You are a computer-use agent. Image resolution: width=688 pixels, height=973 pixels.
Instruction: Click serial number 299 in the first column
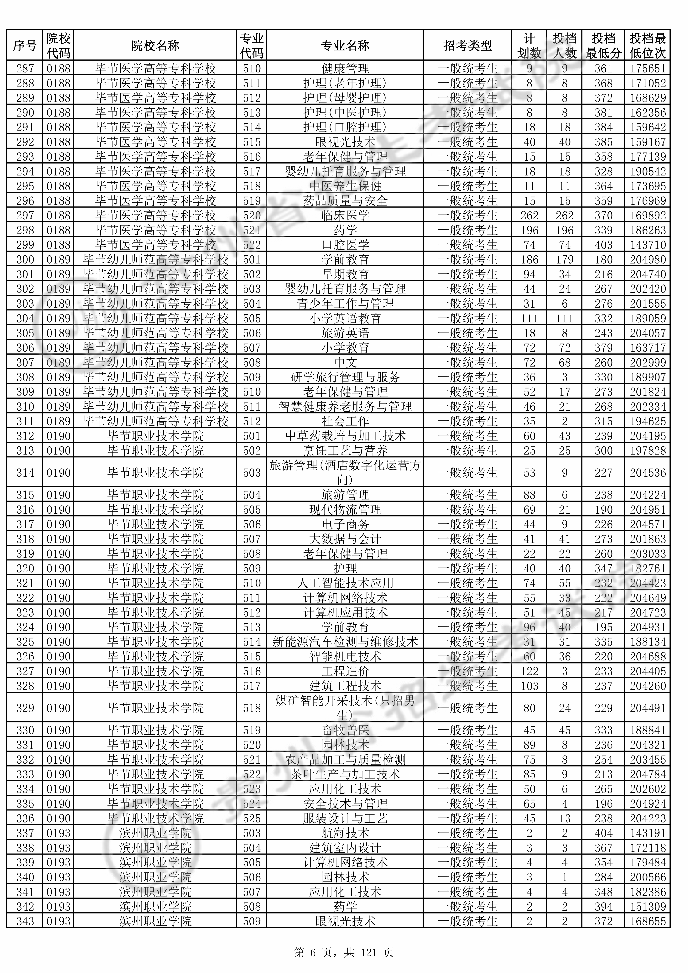point(25,245)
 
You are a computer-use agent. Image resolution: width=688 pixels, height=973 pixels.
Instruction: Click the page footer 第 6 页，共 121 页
point(344,953)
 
